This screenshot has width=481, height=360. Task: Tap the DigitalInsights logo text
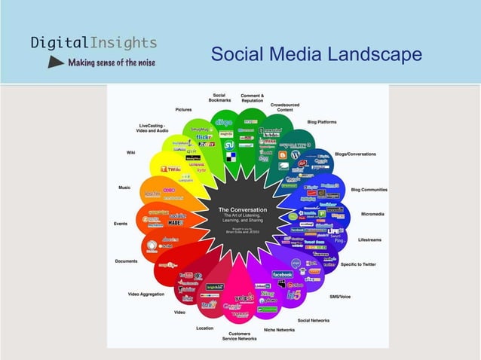(93, 42)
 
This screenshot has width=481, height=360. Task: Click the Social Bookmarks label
(219, 99)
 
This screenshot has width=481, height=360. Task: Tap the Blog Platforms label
(322, 122)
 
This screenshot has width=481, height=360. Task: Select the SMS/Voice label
(341, 296)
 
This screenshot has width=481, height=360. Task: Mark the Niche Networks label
(279, 329)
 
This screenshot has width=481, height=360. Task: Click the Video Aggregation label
(146, 294)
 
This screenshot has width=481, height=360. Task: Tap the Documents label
(126, 261)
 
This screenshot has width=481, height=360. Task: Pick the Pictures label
(183, 110)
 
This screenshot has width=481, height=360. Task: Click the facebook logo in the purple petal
(282, 274)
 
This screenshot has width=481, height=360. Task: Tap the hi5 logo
(293, 295)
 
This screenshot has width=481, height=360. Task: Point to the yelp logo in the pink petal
(244, 297)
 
